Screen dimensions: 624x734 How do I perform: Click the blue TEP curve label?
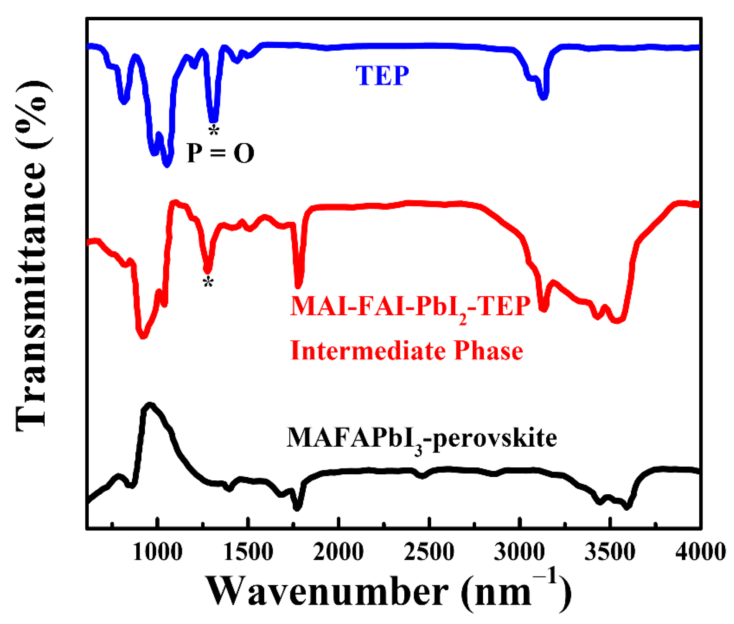[382, 76]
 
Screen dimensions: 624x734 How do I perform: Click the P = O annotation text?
[221, 153]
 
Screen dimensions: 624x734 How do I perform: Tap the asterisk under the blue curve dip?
[214, 130]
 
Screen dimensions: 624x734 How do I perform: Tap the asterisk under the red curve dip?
[208, 282]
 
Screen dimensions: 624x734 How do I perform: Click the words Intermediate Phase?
[407, 350]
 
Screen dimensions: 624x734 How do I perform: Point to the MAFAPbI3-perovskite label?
[422, 439]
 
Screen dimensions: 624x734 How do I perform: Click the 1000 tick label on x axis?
[157, 552]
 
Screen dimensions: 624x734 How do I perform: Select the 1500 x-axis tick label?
[248, 552]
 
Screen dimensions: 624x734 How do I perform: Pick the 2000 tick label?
[339, 552]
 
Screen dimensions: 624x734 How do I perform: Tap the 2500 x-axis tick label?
[429, 552]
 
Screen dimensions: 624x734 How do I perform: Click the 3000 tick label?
[519, 552]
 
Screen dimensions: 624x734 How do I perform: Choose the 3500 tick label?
[610, 552]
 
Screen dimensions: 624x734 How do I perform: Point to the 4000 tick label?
[700, 552]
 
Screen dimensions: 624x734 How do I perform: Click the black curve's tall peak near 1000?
[150, 405]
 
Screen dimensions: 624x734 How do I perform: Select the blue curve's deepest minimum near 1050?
[167, 164]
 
